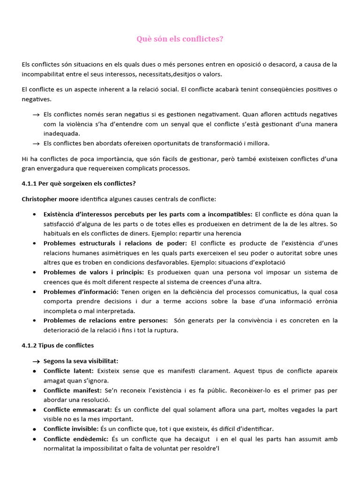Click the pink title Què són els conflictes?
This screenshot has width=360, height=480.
point(180,39)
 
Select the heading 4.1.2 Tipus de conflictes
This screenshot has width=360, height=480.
point(58,345)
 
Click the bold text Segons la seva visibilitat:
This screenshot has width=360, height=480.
point(81,361)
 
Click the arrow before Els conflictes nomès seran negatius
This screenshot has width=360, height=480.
point(36,115)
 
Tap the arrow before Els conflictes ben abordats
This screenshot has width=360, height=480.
point(36,144)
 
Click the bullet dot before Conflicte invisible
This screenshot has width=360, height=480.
point(35,429)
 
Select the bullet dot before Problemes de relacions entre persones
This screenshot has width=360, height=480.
point(35,321)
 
